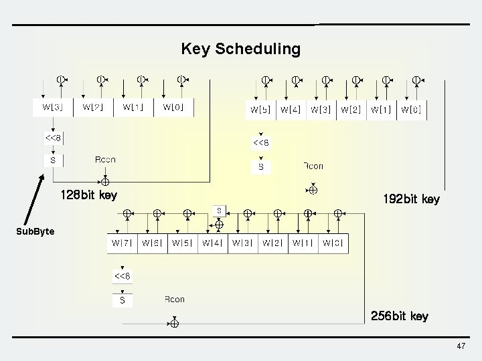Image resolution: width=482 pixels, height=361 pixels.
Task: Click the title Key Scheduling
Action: (240, 49)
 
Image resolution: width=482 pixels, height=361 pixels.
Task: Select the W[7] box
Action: (122, 243)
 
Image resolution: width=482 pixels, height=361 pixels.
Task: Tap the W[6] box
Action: (152, 243)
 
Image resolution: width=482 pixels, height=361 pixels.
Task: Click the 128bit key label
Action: (88, 196)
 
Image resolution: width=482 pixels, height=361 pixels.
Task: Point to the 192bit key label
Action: (411, 199)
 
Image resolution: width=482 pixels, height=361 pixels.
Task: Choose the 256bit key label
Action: (400, 316)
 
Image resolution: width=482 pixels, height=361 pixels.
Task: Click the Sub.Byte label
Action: (35, 231)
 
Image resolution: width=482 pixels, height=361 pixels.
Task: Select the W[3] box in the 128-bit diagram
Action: (53, 107)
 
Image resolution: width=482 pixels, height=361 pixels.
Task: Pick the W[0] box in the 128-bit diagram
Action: (173, 107)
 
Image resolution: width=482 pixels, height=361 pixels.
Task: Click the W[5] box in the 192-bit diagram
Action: (260, 110)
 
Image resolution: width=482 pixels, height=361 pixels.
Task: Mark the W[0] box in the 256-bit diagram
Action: (333, 243)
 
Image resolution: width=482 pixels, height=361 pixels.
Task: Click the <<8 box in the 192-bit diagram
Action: (261, 142)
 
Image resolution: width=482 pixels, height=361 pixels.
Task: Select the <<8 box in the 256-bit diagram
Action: (122, 276)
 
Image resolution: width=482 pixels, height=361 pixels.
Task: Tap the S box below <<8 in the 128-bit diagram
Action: (53, 160)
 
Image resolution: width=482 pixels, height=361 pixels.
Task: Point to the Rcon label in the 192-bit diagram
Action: (313, 166)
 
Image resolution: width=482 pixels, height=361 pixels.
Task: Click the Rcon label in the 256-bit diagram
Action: (175, 299)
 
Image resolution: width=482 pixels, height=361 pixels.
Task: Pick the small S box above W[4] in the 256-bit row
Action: (219, 211)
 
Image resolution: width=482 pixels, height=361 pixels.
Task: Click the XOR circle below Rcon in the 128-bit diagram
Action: (105, 180)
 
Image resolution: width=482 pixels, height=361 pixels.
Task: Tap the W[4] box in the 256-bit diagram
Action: (212, 243)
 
